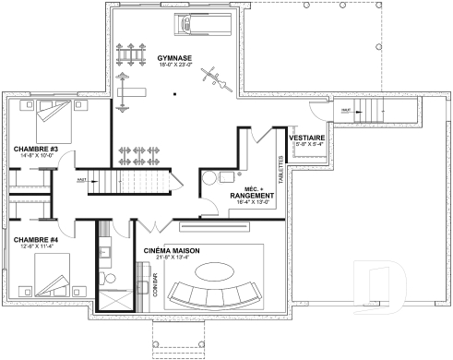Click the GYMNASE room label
(174, 56)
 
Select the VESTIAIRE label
(305, 138)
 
